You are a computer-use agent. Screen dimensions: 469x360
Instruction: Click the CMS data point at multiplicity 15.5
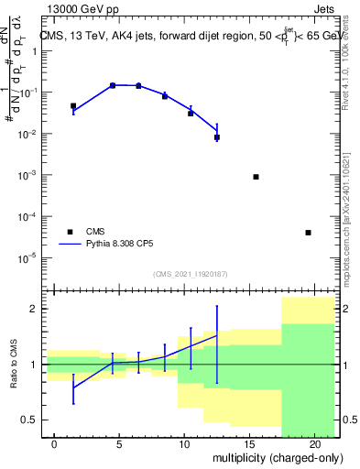(256, 177)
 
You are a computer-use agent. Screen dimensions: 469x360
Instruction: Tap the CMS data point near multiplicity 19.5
(308, 233)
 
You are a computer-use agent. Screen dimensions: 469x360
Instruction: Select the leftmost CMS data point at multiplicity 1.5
(73, 106)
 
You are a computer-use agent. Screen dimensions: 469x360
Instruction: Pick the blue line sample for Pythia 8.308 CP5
(70, 245)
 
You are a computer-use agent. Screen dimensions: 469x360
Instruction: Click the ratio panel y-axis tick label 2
(34, 310)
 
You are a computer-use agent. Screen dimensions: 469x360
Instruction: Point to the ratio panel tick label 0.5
(28, 420)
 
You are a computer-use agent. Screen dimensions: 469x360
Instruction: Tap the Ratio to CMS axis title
(14, 365)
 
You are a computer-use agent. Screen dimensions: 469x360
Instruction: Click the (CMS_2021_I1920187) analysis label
(191, 274)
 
